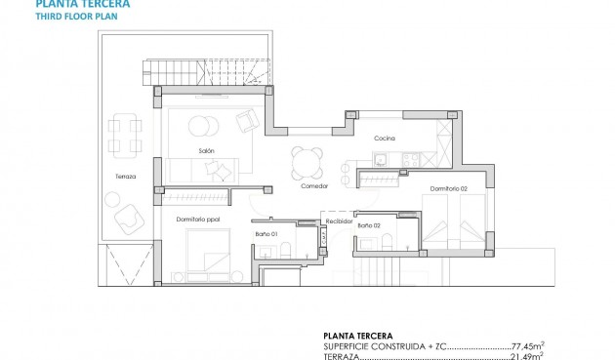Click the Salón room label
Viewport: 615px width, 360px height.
tap(206, 151)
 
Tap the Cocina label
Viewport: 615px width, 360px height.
tap(385, 139)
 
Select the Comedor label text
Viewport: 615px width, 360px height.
tap(314, 185)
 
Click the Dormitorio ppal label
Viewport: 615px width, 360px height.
tap(198, 220)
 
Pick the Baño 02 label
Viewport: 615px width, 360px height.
tap(370, 226)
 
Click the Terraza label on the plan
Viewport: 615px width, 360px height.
tap(124, 177)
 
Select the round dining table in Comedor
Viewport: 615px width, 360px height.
tap(308, 158)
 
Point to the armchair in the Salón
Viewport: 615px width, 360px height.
tap(247, 120)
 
